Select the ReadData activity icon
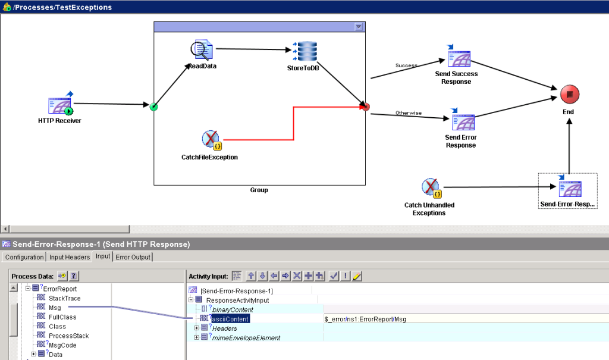(202, 50)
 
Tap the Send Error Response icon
(461, 121)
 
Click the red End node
(569, 95)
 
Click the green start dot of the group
(154, 107)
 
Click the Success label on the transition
(406, 65)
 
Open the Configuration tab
(24, 257)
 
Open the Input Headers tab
(70, 257)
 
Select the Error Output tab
(133, 257)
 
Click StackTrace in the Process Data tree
(64, 298)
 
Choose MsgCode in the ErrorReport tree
(62, 345)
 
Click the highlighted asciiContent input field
(230, 319)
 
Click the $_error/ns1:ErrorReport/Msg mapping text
(365, 319)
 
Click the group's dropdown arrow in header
(358, 27)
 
